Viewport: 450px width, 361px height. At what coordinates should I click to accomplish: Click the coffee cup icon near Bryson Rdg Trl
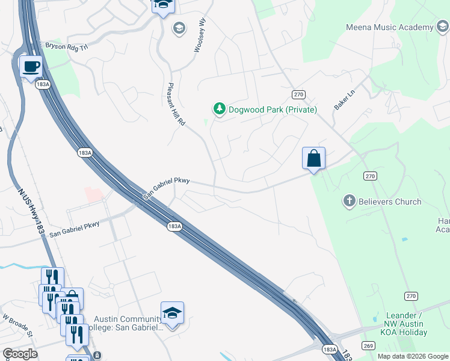pyautogui.click(x=31, y=66)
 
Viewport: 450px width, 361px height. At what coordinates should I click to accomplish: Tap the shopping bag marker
pyautogui.click(x=313, y=159)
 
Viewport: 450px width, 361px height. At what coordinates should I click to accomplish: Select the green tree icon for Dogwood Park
pyautogui.click(x=220, y=109)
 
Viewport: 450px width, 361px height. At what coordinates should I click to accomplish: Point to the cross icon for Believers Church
pyautogui.click(x=350, y=202)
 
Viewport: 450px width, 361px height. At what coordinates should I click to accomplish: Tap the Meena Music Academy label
pyautogui.click(x=389, y=27)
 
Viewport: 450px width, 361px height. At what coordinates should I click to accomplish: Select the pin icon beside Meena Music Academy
pyautogui.click(x=442, y=27)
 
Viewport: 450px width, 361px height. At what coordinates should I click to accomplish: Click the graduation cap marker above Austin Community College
pyautogui.click(x=172, y=313)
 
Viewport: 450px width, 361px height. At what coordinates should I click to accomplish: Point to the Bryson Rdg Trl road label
pyautogui.click(x=67, y=46)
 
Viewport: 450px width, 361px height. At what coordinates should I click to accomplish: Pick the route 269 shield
pyautogui.click(x=368, y=345)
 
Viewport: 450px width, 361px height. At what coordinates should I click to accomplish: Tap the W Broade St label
pyautogui.click(x=16, y=324)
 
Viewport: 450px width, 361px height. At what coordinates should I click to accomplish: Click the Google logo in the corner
pyautogui.click(x=20, y=354)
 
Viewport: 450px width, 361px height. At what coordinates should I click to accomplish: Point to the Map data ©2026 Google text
pyautogui.click(x=412, y=356)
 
